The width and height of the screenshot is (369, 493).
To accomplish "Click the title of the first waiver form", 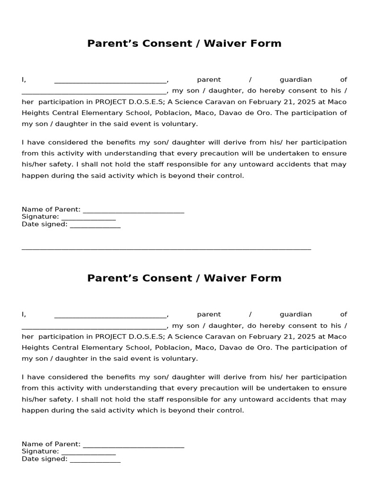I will (x=184, y=43).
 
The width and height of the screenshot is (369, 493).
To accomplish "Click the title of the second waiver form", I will (x=184, y=278).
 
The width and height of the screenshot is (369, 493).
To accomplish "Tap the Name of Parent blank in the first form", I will (x=134, y=210).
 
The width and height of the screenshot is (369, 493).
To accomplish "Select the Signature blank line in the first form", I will (x=88, y=218).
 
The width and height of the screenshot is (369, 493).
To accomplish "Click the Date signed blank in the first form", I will (x=95, y=225).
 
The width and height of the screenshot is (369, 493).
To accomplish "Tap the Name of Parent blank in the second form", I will (x=134, y=445).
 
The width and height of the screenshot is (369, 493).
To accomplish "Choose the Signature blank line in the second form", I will (x=88, y=453).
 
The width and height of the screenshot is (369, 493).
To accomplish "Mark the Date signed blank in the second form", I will (x=95, y=460).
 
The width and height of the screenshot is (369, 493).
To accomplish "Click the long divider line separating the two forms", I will (x=166, y=249).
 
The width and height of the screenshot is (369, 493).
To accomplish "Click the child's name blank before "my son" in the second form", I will (x=94, y=327).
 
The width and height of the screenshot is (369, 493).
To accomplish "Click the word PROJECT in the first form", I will (x=110, y=102).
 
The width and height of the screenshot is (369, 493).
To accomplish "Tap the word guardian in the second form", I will (x=295, y=314).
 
